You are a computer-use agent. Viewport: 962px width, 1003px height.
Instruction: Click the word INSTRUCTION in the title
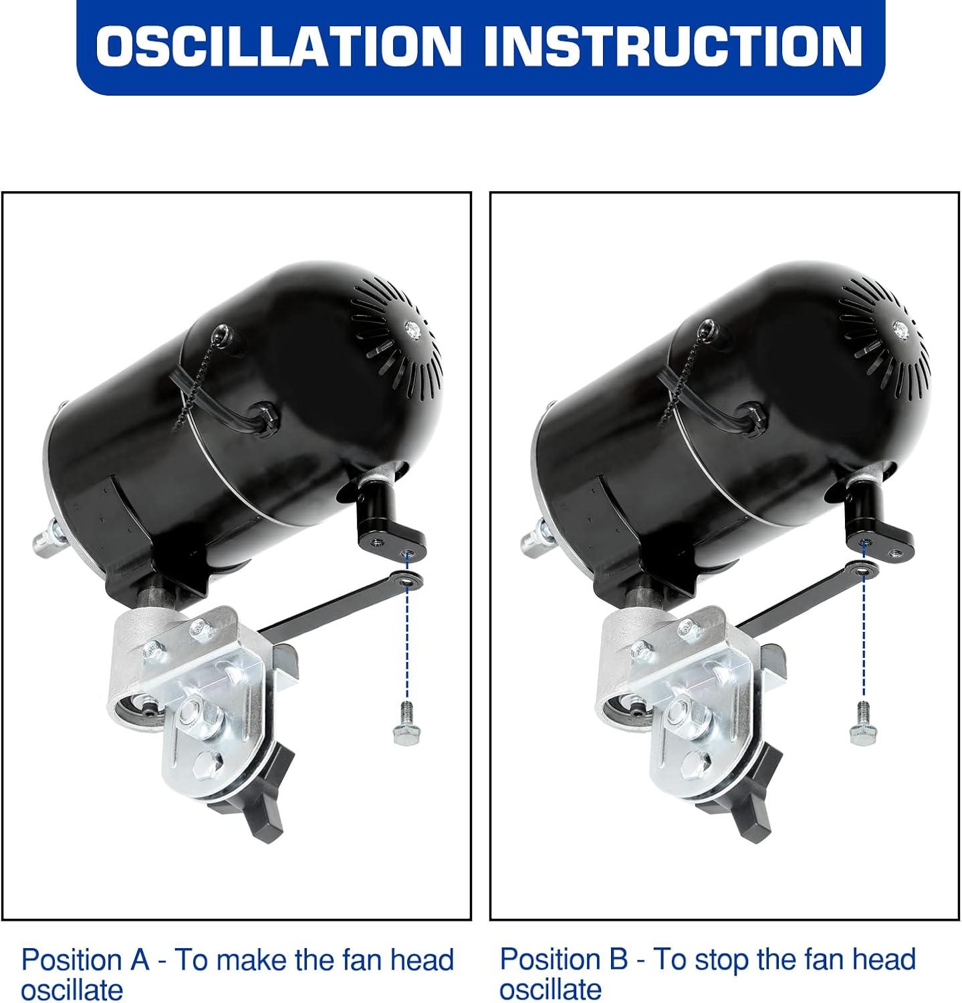pos(671,45)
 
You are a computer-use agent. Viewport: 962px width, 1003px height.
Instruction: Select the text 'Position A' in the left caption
pos(85,960)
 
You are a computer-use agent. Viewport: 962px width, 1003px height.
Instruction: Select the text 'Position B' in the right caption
pos(564,960)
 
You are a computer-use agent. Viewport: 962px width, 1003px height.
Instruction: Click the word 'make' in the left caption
pos(251,960)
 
